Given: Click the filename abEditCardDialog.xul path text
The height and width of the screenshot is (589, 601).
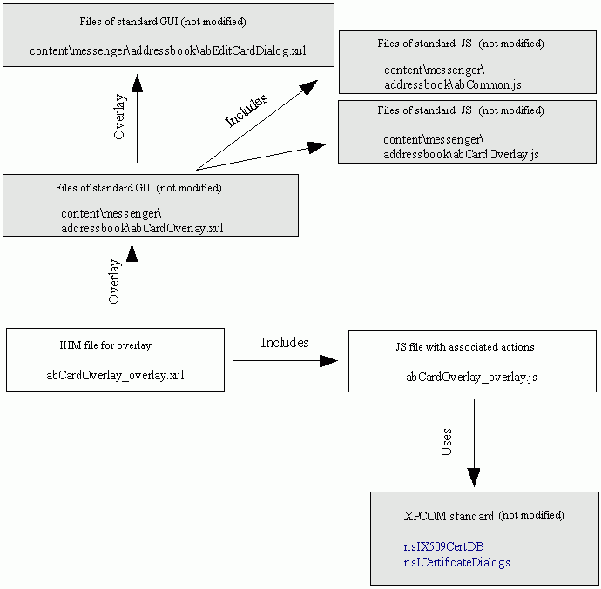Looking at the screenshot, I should pos(167,50).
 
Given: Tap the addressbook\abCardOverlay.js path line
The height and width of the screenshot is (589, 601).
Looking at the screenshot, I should pos(461,153).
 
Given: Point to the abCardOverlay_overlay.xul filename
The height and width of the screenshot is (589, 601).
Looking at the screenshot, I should pos(115,376).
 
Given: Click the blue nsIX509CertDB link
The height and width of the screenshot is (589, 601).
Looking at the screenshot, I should pos(443,546).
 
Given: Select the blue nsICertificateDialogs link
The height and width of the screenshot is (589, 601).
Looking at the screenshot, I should pos(456,562).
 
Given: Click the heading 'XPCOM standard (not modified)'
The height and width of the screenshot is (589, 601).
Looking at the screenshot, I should pos(483,515).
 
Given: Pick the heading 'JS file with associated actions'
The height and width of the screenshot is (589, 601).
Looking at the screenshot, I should pos(464,346).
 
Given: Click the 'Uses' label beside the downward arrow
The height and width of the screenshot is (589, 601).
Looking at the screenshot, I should pos(447,442).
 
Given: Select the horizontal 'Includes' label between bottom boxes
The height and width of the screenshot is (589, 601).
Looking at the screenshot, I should pos(285,343).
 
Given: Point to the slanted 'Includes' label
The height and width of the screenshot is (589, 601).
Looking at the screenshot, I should pos(246,110).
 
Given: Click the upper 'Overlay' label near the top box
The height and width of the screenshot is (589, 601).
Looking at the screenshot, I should pos(120,117).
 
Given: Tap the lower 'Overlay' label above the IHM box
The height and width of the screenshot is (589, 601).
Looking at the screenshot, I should pos(114,281).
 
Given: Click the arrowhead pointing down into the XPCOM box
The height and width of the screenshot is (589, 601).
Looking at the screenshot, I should pos(473,477).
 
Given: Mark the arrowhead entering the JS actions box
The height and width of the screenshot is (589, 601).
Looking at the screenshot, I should pos(328,360).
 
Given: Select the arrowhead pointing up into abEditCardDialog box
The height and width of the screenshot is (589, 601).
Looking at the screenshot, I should pos(137,83).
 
